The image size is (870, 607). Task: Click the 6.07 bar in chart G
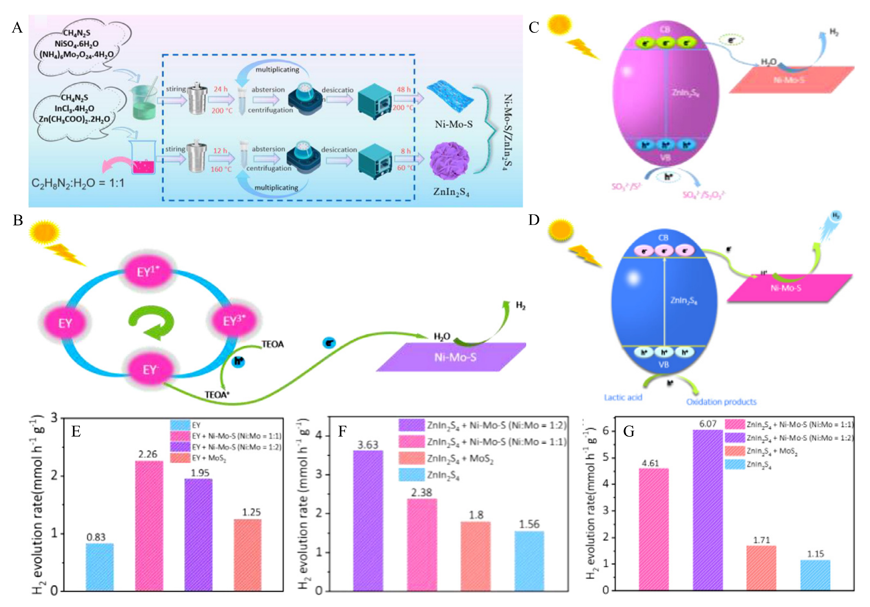pyautogui.click(x=707, y=510)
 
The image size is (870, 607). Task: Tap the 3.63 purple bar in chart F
pyautogui.click(x=368, y=521)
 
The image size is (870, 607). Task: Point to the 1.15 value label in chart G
pyautogui.click(x=815, y=554)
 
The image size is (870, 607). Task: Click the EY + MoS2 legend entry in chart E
pyautogui.click(x=199, y=458)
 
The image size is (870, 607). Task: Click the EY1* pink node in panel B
pyautogui.click(x=148, y=272)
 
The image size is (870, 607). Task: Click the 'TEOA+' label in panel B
pyautogui.click(x=217, y=395)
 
